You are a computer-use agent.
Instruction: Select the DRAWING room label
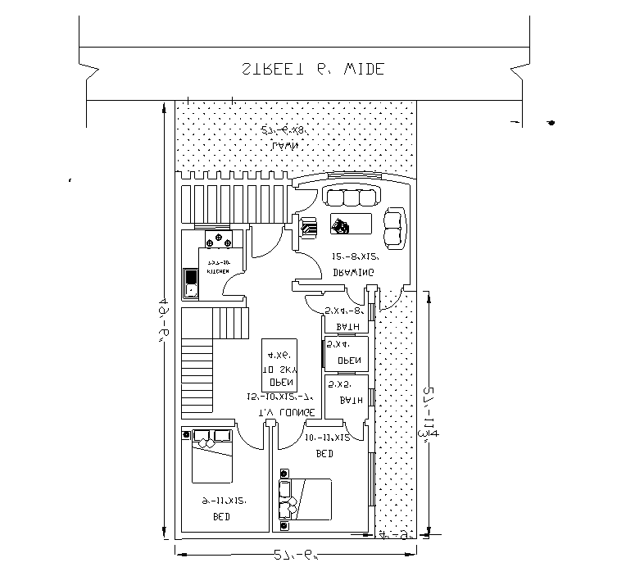[x=353, y=272]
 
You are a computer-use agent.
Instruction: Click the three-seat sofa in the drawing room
[x=353, y=197]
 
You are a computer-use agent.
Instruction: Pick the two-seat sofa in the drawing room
[x=395, y=228]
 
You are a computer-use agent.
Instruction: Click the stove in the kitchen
[x=220, y=240]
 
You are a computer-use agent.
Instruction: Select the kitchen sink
[x=191, y=283]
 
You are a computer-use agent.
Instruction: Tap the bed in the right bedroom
[x=312, y=499]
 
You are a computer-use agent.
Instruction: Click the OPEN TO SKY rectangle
[x=279, y=365]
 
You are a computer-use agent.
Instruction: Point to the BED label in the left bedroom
[x=221, y=517]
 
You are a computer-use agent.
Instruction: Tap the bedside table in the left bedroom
[x=188, y=434]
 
